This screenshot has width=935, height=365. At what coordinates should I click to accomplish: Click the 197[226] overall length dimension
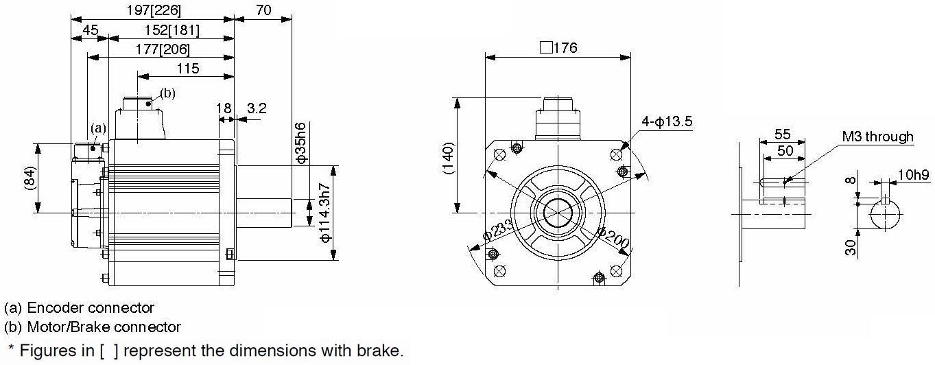(x=154, y=10)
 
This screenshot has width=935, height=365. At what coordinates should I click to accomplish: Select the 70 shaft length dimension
(x=263, y=10)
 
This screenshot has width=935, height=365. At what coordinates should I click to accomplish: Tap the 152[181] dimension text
(x=172, y=30)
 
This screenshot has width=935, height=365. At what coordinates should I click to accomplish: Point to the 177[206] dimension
(x=163, y=49)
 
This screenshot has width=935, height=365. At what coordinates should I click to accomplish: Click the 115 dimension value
(x=188, y=68)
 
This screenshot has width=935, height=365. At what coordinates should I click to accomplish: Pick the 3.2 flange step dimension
(x=257, y=108)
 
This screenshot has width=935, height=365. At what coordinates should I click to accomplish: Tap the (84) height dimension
(x=30, y=178)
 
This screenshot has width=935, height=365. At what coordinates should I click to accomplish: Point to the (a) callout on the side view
(x=98, y=128)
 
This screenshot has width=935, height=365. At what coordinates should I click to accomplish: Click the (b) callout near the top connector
(x=167, y=93)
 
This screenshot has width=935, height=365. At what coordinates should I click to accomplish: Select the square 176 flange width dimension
(x=558, y=47)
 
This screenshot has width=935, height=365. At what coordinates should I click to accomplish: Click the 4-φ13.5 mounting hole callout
(x=667, y=121)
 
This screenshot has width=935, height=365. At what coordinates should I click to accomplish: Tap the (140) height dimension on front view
(x=447, y=158)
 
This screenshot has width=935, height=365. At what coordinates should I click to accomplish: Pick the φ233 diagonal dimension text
(x=499, y=231)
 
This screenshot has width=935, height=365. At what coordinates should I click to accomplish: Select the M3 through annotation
(x=877, y=137)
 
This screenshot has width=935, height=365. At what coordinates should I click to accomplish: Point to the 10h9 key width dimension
(x=913, y=174)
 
